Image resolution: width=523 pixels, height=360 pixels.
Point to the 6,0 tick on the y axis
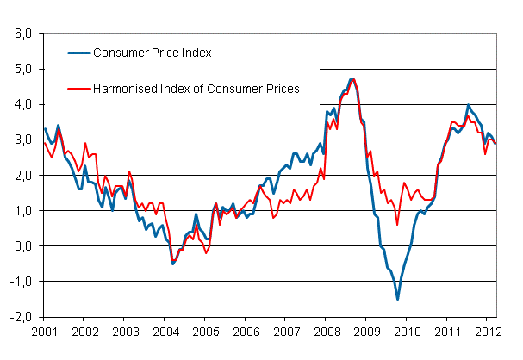click(21, 34)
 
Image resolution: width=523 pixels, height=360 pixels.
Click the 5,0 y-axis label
click(21, 69)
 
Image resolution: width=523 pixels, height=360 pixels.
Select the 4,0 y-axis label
click(21, 104)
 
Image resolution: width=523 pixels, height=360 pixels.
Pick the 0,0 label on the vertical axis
click(21, 245)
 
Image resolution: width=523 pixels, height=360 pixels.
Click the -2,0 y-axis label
click(19, 316)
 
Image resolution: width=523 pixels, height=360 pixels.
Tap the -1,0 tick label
click(19, 281)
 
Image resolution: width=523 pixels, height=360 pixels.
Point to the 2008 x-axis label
click(327, 332)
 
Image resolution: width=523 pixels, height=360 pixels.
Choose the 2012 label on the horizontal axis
click(489, 332)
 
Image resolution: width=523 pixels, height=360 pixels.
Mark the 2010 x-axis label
click(408, 332)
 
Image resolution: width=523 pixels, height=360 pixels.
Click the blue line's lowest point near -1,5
click(397, 299)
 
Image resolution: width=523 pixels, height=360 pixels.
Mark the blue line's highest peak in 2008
click(352, 79)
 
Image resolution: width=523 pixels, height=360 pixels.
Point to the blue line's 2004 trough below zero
click(172, 264)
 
